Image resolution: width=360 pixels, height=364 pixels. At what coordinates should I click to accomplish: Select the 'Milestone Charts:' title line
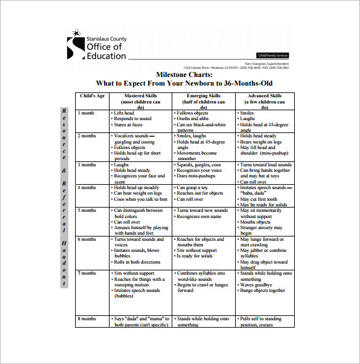coord(184,74)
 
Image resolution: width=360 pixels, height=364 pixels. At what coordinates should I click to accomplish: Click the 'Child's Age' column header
coord(92,96)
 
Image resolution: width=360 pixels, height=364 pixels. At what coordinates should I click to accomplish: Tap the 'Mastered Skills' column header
coord(141,96)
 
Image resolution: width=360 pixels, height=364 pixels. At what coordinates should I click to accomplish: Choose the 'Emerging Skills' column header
coord(204,96)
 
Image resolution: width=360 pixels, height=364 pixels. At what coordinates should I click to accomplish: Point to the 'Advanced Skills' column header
coord(265,96)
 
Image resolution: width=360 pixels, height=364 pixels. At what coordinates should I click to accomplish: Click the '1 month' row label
coord(87,113)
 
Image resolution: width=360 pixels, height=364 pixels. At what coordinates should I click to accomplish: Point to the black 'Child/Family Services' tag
coord(272,55)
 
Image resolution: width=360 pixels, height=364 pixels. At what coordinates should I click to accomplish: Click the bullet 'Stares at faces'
coord(128,124)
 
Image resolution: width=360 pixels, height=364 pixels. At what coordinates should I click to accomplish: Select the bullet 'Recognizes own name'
coord(199,217)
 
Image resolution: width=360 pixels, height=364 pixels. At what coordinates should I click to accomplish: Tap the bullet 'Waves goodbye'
coord(257,285)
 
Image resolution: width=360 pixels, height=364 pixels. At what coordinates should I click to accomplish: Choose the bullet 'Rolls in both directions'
coord(138,262)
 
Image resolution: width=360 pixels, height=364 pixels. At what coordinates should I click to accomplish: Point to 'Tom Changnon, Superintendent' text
coord(266,63)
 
